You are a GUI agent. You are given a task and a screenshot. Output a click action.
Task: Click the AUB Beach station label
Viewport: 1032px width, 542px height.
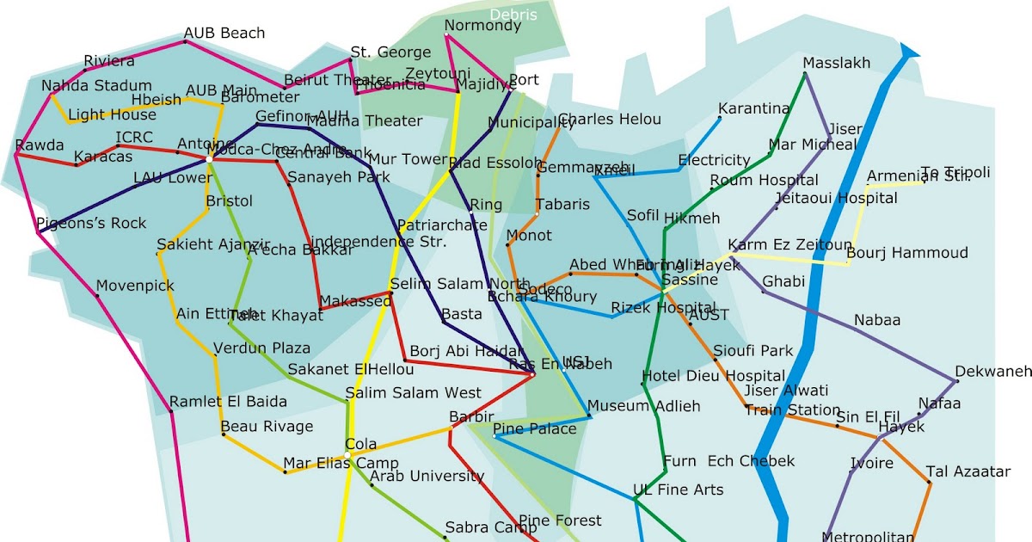click(x=224, y=34)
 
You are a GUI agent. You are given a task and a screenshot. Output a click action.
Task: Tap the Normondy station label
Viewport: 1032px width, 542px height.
click(x=482, y=26)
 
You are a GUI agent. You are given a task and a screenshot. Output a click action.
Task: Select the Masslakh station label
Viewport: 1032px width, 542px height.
click(x=836, y=63)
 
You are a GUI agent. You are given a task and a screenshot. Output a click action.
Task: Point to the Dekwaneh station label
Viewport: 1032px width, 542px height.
click(x=993, y=372)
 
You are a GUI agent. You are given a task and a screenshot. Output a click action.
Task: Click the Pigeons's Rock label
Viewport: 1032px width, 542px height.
click(x=92, y=224)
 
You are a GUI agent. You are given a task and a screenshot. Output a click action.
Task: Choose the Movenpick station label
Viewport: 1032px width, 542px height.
click(x=135, y=286)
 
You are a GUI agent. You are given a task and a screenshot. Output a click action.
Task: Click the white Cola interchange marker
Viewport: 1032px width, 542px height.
click(x=347, y=454)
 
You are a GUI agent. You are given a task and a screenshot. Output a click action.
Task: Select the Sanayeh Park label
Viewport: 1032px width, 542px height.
click(x=338, y=178)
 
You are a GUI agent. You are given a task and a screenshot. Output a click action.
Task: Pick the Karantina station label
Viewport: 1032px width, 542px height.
click(x=753, y=108)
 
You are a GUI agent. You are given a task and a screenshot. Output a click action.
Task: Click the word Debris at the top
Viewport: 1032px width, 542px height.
click(x=513, y=15)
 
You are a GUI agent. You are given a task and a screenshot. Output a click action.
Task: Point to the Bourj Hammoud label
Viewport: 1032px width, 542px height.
click(x=906, y=253)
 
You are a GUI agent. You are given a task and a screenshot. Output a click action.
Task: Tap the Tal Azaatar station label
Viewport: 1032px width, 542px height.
click(x=967, y=471)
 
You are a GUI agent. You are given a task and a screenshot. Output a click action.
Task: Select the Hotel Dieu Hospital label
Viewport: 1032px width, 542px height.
click(x=713, y=377)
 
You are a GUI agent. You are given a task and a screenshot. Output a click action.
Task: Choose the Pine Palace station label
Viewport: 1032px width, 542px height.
click(x=535, y=428)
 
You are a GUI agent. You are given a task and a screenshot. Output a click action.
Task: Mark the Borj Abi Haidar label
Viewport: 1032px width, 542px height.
click(x=466, y=351)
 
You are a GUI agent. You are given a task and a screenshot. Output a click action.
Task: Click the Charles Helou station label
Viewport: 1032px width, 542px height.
click(x=610, y=120)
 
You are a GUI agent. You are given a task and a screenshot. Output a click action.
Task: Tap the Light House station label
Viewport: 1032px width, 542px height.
click(x=112, y=114)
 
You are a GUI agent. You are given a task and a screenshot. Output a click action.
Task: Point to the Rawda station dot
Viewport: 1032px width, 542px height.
click(x=15, y=156)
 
